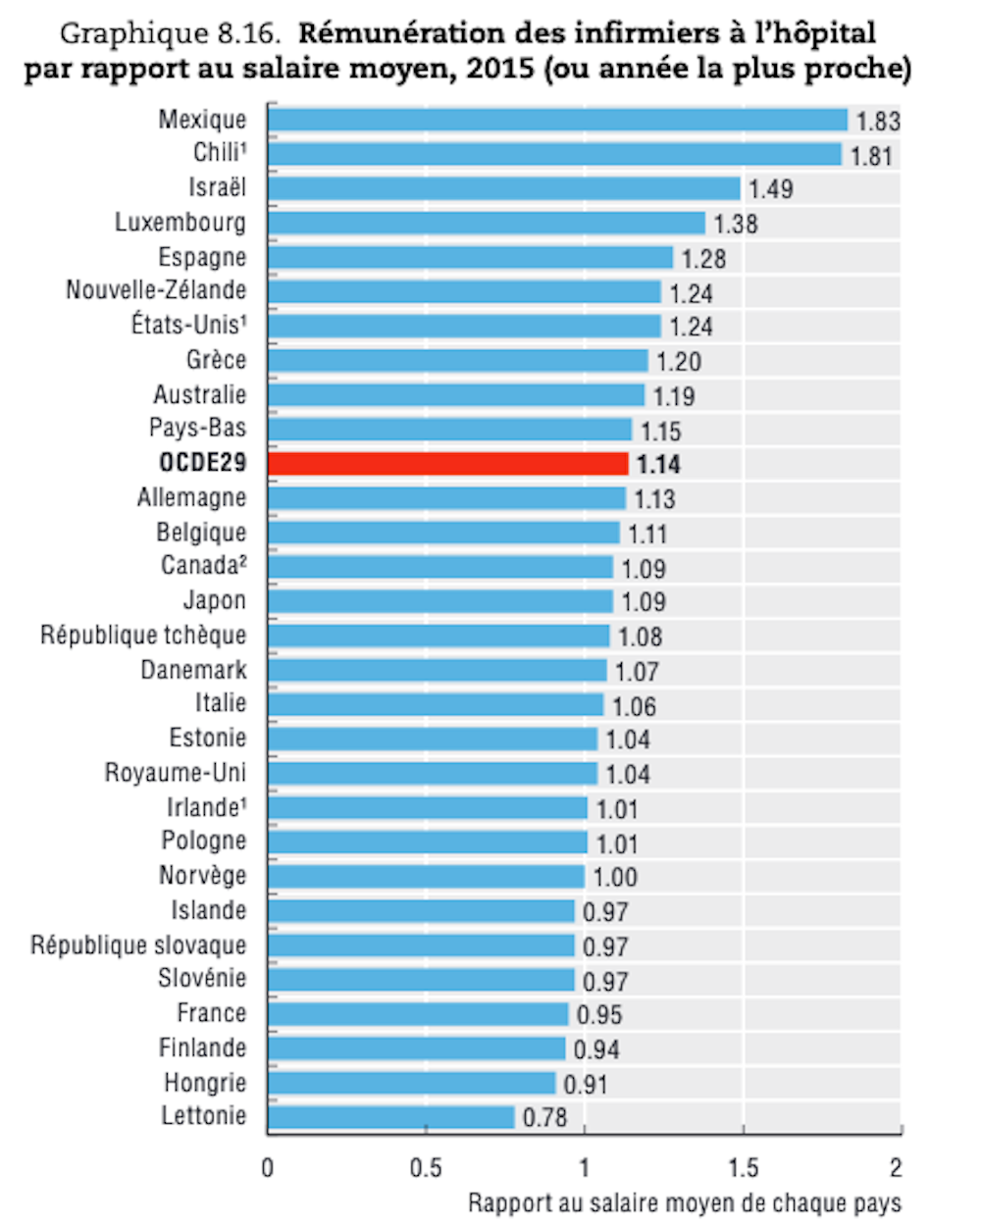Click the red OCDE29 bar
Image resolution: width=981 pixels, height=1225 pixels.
pos(447,464)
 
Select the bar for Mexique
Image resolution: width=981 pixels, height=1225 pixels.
pos(557,120)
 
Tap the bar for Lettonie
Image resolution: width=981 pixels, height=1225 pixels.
pos(390,1117)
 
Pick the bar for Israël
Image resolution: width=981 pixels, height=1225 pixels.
pos(503,188)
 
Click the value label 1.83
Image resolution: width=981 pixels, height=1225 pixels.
pos(877,121)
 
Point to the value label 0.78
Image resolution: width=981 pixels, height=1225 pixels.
pos(544,1117)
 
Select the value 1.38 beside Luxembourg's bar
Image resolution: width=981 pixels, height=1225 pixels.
pos(736,224)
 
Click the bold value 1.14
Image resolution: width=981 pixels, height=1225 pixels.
pos(658,464)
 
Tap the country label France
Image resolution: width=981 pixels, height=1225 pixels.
pos(212,1013)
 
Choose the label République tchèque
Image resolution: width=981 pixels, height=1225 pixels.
pos(143,636)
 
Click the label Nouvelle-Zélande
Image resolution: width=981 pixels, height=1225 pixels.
pos(156,291)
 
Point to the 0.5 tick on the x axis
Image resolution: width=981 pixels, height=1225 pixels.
pos(426,1168)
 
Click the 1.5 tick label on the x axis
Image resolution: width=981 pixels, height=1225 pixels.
pos(743,1168)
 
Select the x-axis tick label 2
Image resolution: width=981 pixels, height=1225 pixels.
pos(896,1168)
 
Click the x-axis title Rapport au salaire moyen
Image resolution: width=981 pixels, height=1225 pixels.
pos(684,1203)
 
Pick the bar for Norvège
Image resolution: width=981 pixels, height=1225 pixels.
pos(426,877)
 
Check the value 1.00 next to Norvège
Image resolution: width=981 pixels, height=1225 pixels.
pos(615,877)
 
